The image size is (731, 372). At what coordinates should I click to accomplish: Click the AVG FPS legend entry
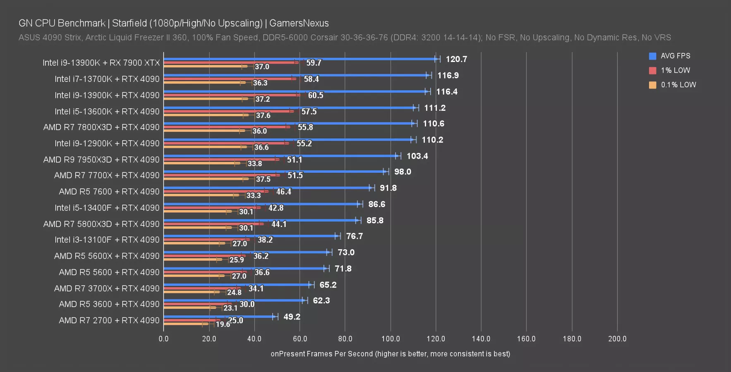tap(675, 56)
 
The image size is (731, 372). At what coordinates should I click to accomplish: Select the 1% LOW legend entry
tap(675, 70)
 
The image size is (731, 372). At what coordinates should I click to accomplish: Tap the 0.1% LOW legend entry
tap(678, 85)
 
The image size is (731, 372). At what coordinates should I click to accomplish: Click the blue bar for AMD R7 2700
tap(219, 317)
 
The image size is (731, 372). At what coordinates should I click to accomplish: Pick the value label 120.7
tap(456, 59)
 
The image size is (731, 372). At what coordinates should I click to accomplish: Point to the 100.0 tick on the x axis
tap(391, 339)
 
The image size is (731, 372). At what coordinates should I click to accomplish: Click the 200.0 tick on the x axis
tap(617, 339)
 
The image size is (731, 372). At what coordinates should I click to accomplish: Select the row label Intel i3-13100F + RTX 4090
tap(107, 240)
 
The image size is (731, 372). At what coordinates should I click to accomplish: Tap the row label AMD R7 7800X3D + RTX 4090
tap(101, 127)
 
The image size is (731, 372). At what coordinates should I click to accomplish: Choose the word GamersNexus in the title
tap(299, 23)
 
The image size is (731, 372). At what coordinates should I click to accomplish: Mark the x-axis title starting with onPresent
tap(390, 354)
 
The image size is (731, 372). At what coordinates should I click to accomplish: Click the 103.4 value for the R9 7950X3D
tap(417, 156)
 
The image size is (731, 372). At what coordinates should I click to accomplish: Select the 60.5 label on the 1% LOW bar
tap(316, 95)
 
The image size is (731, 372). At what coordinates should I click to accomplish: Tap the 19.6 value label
tap(223, 324)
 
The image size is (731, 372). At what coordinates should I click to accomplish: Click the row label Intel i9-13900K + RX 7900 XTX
tap(101, 63)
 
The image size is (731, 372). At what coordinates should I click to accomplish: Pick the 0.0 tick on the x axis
tap(163, 339)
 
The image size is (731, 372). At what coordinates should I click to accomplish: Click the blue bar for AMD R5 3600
tap(234, 300)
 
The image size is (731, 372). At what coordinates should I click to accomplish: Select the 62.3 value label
tap(321, 300)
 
